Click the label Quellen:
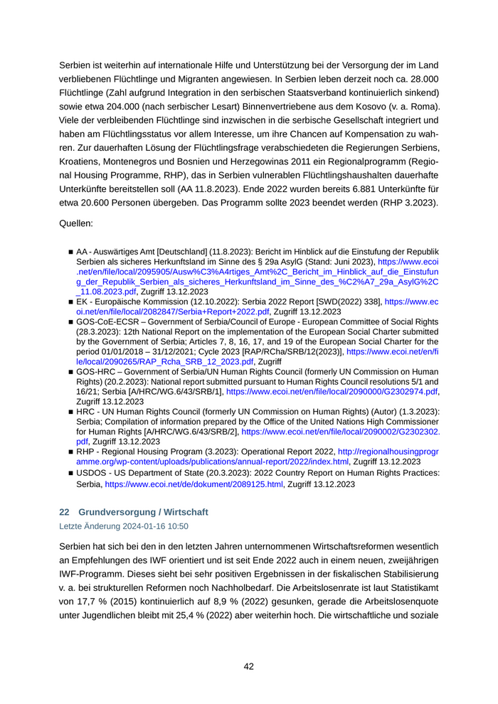pyautogui.click(x=76, y=224)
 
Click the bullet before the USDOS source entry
pyautogui.click(x=71, y=473)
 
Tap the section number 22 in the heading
pyautogui.click(x=64, y=512)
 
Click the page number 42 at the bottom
pyautogui.click(x=249, y=666)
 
